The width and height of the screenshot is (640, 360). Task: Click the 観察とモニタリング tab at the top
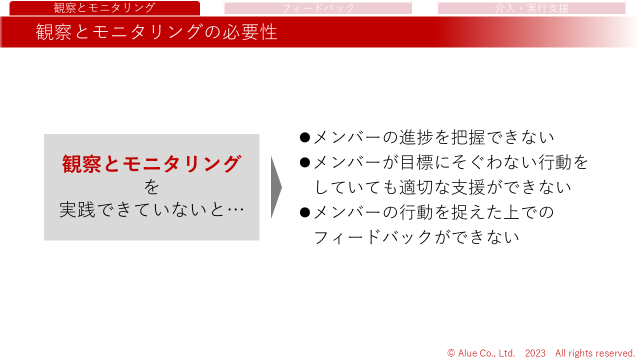tap(104, 8)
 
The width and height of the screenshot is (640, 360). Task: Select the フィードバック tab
tap(318, 8)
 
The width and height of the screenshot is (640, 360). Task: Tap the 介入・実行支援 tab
tap(531, 8)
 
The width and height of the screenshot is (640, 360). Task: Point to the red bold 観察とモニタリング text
tap(151, 164)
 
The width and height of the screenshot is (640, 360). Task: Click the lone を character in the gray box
tap(151, 187)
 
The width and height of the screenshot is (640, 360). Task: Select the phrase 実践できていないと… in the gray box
tap(151, 210)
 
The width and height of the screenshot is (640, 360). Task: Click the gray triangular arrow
tap(276, 187)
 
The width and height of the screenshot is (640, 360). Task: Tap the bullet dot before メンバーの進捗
tap(305, 137)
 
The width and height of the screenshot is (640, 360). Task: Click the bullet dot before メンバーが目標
tap(305, 162)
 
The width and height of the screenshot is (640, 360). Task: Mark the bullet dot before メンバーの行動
tap(305, 212)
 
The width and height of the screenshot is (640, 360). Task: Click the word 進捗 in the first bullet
tap(416, 137)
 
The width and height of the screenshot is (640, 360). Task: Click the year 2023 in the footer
tap(535, 353)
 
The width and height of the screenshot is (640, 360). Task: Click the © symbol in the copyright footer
tap(451, 353)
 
